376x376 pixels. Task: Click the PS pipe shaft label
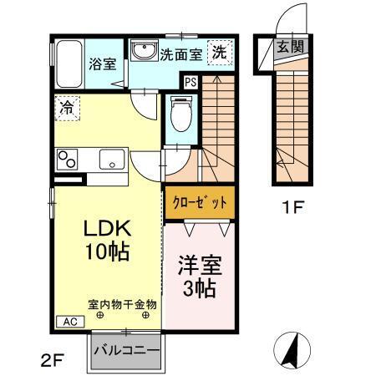tap(191, 82)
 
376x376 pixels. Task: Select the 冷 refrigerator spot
tap(66, 107)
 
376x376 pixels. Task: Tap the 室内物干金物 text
tap(122, 305)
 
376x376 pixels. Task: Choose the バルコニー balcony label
tap(125, 350)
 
